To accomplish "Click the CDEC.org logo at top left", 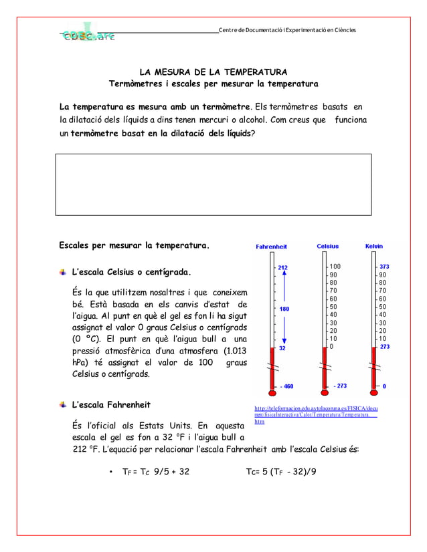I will click(89, 37).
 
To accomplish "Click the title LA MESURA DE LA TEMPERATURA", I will click(213, 72).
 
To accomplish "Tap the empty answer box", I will click(213, 183).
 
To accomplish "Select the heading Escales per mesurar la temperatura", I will click(134, 245).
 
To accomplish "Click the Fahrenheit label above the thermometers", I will click(271, 247).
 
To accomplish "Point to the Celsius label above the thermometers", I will click(328, 247).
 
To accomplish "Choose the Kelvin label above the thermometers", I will click(374, 247).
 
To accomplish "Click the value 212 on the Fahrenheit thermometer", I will click(283, 268).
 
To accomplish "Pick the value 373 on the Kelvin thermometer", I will click(385, 267).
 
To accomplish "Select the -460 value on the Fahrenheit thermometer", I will click(286, 386).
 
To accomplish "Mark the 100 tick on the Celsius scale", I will click(335, 267).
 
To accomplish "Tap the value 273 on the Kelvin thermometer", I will click(385, 347).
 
